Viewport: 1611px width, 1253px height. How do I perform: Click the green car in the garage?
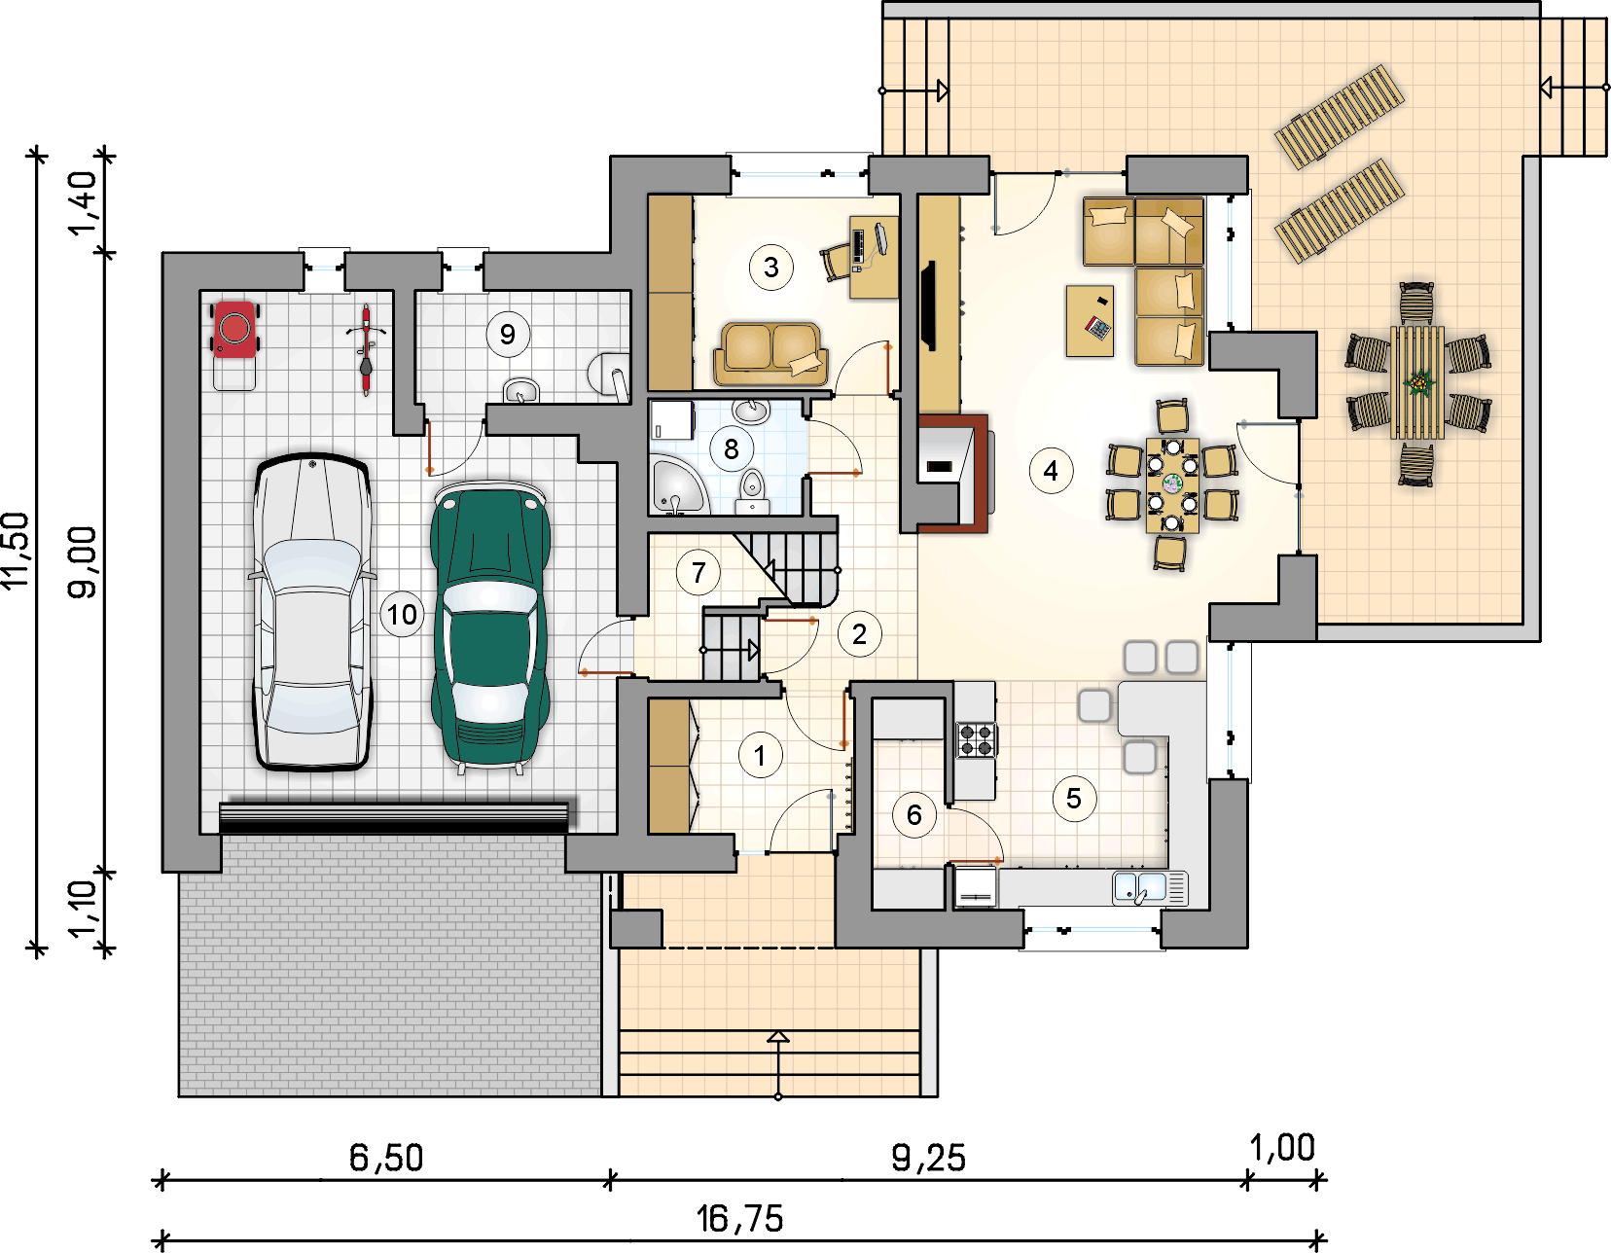pyautogui.click(x=490, y=626)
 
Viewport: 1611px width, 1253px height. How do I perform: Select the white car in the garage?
pyautogui.click(x=312, y=612)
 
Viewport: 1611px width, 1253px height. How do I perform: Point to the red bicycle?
pyautogui.click(x=366, y=350)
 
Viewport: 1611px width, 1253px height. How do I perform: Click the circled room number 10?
pyautogui.click(x=402, y=614)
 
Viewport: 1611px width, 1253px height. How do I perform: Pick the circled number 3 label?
pyautogui.click(x=771, y=267)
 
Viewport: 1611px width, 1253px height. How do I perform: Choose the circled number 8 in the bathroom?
pyautogui.click(x=732, y=448)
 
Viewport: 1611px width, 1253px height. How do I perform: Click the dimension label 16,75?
pyautogui.click(x=740, y=1219)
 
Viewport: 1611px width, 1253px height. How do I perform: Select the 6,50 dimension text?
pyautogui.click(x=386, y=1158)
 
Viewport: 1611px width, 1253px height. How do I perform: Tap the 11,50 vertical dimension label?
pyautogui.click(x=17, y=551)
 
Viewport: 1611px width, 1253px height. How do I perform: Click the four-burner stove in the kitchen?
pyautogui.click(x=977, y=739)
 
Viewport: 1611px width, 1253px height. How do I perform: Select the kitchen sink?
pyautogui.click(x=1150, y=888)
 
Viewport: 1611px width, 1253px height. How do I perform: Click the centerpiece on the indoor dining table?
pyautogui.click(x=1172, y=484)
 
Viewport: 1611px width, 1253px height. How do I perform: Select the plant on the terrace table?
pyautogui.click(x=1418, y=383)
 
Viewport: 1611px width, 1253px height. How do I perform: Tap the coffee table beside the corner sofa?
pyautogui.click(x=1090, y=321)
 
